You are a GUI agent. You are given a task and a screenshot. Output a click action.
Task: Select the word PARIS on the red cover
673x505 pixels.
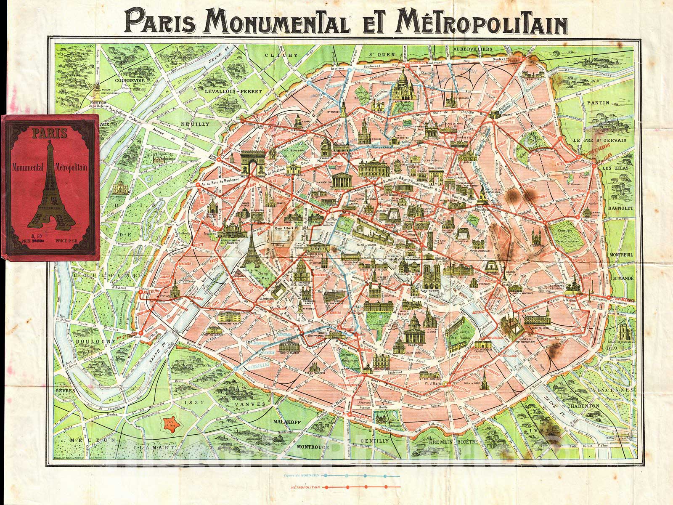click(49, 134)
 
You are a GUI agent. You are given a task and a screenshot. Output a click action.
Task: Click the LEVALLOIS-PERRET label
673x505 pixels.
click(225, 90)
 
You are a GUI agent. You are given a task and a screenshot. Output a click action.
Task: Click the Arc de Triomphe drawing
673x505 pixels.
click(252, 163)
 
